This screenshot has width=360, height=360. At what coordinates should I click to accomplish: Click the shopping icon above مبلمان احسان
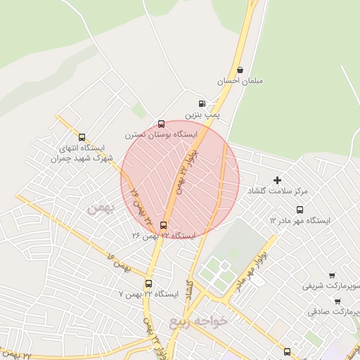241,70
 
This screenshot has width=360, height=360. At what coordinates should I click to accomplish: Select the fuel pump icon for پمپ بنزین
202,103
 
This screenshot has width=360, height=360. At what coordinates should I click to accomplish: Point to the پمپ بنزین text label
202,114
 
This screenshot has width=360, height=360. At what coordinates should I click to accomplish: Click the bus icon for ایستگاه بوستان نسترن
162,124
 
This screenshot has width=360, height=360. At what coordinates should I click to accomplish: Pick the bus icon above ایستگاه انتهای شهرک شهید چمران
82,138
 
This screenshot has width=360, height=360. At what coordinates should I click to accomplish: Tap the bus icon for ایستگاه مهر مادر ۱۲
300,210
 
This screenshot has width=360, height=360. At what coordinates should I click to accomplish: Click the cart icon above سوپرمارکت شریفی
331,276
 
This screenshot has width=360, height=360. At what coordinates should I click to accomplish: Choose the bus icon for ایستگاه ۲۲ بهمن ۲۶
164,226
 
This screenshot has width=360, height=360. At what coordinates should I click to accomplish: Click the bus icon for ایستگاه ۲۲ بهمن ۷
148,283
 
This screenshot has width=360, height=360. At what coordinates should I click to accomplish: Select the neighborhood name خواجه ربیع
199,322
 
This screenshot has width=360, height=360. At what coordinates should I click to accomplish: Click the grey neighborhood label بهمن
99,209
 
